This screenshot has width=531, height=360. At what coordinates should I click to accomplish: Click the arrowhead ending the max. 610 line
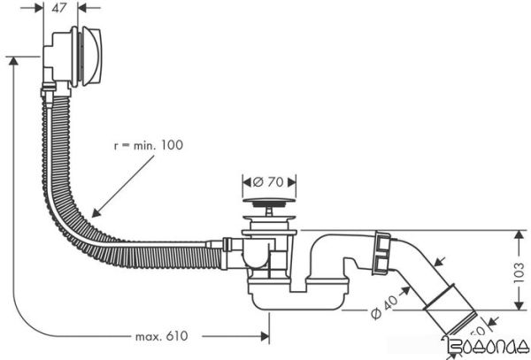click(x=266, y=336)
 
